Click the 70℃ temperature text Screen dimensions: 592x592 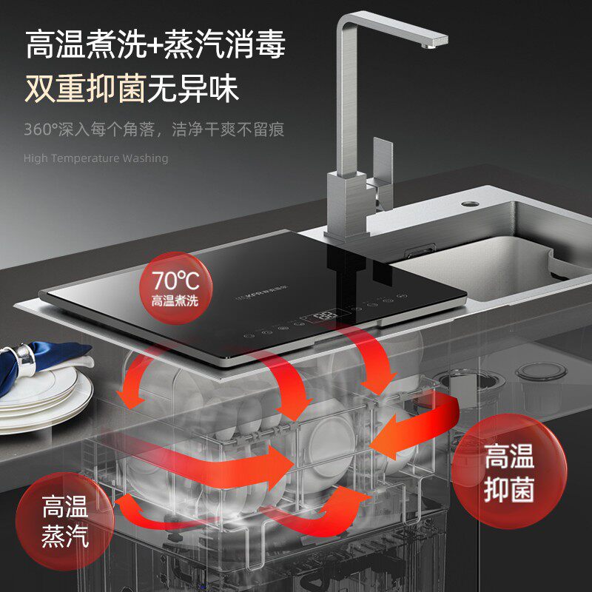(x=176, y=280)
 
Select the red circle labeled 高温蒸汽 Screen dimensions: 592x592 (x=64, y=521)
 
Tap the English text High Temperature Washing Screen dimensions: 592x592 (x=95, y=158)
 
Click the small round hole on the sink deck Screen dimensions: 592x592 (x=470, y=203)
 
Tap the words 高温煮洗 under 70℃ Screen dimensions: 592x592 (x=175, y=301)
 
